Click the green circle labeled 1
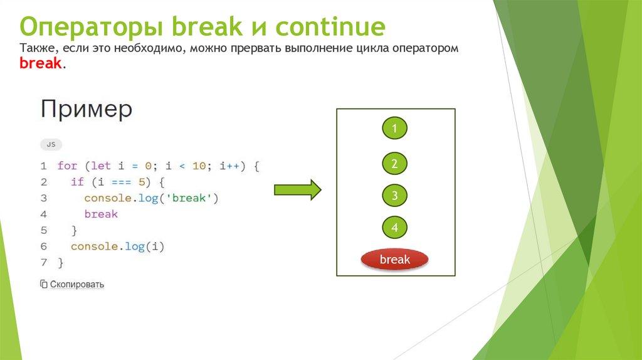point(395,129)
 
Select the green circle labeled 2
point(395,164)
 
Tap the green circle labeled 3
point(395,195)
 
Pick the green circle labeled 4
point(395,228)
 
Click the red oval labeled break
point(394,260)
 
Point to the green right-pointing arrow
point(297,191)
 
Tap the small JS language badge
point(51,144)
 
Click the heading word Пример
point(87,110)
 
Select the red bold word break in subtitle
point(40,63)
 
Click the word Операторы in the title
point(90,28)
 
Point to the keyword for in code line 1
point(66,166)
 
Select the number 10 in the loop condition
point(199,166)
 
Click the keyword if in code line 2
point(76,182)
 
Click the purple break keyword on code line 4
point(100,214)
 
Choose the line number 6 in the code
point(44,246)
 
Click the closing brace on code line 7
point(60,262)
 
